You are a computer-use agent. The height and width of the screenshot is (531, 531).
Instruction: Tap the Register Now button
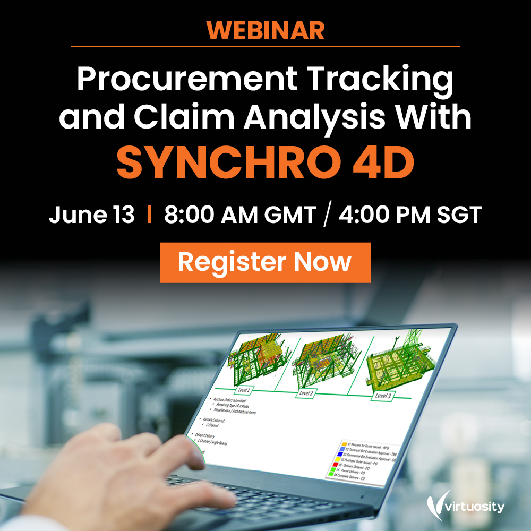click(265, 262)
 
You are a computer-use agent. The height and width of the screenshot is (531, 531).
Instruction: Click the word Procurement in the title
click(187, 80)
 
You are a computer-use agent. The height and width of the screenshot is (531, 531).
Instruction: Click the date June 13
click(91, 216)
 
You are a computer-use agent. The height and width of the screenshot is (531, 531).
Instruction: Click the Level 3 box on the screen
click(382, 396)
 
